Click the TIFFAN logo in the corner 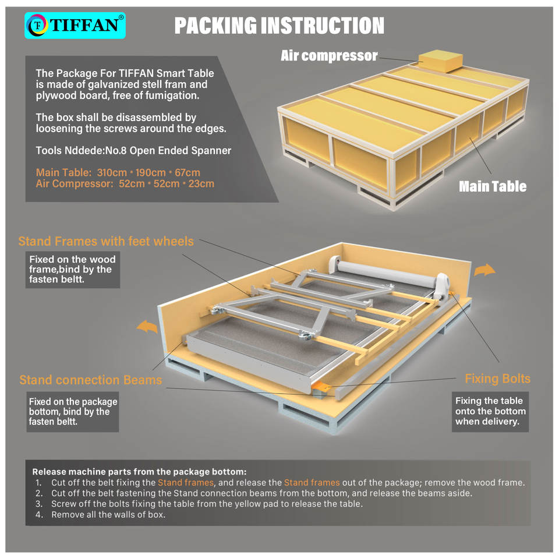75,26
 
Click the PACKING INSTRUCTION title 279,26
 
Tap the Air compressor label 329,56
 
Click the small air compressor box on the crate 441,60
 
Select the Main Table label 492,186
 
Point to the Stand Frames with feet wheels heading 106,241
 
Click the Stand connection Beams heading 90,380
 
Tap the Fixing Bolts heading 497,378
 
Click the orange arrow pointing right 484,270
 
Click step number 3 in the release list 38,504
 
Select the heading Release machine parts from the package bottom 139,472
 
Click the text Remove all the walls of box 108,515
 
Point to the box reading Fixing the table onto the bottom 490,411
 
